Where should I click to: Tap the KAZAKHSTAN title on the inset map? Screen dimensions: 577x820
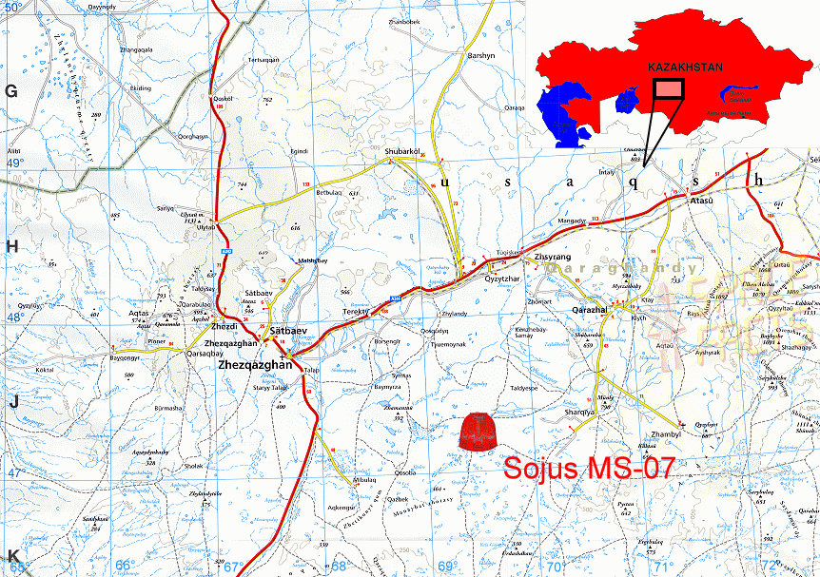[686, 67]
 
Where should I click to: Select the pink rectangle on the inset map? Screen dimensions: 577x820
[670, 89]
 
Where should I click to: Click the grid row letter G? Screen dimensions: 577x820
[12, 91]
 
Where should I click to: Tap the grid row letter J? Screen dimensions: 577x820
[13, 402]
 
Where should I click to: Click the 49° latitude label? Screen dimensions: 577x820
[13, 163]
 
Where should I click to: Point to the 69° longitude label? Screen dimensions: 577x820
[445, 567]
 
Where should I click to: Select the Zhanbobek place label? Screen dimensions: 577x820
[403, 21]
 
